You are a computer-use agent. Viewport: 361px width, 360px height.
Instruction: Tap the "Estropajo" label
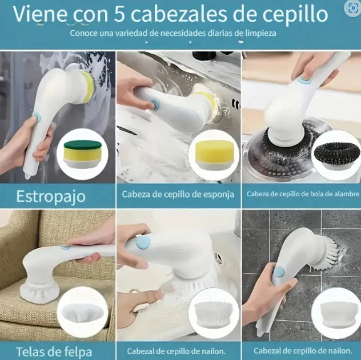51,196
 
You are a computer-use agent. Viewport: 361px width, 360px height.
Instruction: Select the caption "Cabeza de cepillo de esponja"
178,194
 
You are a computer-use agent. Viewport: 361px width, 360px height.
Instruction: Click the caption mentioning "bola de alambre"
300,194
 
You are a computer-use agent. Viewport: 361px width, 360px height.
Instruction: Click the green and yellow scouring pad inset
85,155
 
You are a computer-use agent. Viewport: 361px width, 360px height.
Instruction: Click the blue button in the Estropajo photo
37,116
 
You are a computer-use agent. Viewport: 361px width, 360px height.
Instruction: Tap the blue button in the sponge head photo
154,103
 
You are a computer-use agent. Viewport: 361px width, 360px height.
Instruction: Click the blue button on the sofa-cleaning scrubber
66,246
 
